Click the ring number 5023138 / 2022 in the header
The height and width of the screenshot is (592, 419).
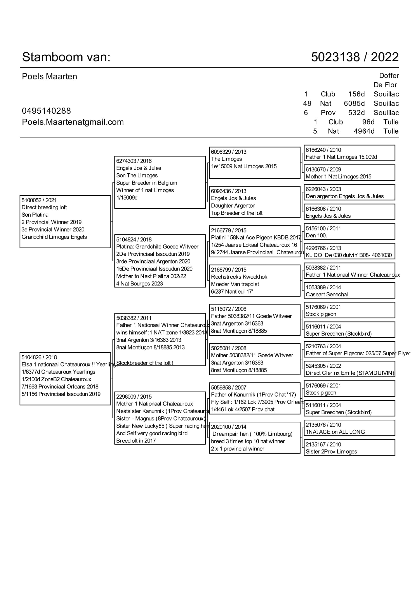[354, 57]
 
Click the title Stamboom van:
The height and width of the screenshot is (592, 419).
[66, 57]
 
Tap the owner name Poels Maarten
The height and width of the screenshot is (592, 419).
[49, 77]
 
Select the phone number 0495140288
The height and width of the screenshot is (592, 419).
[46, 111]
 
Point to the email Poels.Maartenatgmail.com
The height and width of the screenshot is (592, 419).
[73, 122]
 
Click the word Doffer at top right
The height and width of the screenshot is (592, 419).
[389, 75]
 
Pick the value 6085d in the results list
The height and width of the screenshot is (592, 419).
[354, 104]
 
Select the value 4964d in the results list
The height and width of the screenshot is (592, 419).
[364, 131]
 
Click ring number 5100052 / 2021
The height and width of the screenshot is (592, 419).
[39, 200]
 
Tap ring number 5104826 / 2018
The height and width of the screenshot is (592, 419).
[39, 357]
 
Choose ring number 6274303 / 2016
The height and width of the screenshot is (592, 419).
[134, 161]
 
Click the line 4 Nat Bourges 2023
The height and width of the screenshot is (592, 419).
[139, 284]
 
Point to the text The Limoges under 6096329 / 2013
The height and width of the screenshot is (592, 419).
[226, 159]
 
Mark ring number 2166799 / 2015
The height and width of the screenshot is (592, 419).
[228, 270]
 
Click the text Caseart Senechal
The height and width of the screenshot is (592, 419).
[326, 294]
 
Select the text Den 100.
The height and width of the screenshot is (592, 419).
[316, 235]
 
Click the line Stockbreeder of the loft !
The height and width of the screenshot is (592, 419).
[144, 363]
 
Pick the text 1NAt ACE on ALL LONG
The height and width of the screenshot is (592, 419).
[335, 432]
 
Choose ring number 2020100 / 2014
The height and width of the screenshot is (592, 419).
[228, 427]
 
